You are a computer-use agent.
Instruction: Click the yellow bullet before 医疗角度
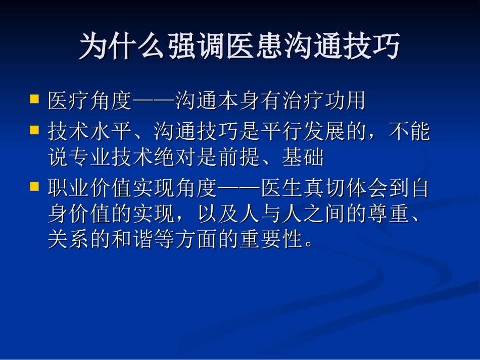point(34,98)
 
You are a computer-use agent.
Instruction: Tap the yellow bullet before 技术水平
point(34,130)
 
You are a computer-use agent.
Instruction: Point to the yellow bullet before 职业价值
point(34,186)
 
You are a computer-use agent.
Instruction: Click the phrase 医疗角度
point(90,101)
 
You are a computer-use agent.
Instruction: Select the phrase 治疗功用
point(323,101)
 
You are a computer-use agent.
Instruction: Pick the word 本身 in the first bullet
point(239,101)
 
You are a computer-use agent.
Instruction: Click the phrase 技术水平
point(90,132)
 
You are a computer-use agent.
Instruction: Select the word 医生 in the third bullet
point(282,189)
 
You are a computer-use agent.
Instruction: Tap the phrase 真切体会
point(346,189)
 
